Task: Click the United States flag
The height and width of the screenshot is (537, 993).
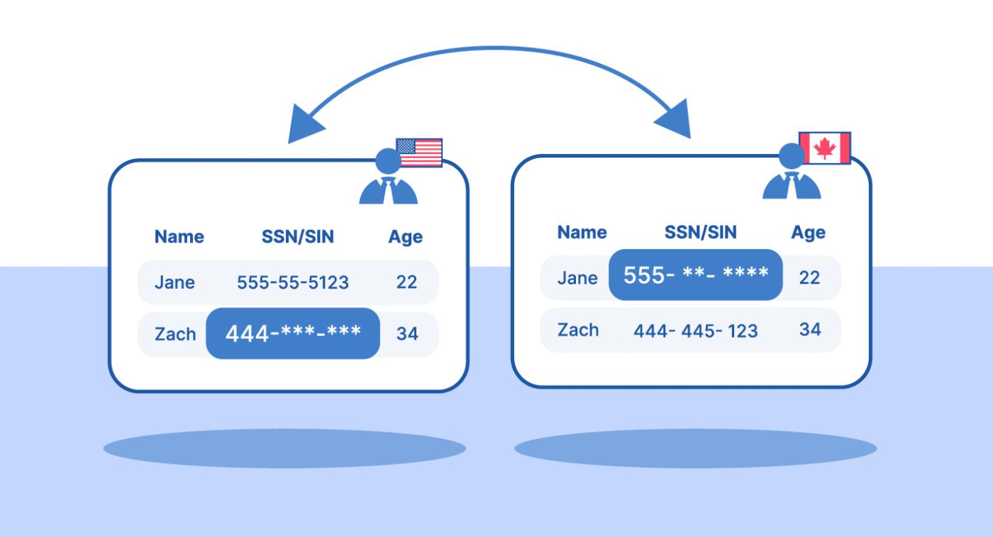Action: point(419,153)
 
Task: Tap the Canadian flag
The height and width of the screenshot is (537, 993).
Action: point(824,148)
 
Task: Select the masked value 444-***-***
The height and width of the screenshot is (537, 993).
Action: point(293,333)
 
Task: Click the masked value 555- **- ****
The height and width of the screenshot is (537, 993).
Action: point(696,275)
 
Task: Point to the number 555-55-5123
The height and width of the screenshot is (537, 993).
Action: point(292,282)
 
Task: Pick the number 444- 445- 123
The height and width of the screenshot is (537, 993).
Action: point(696,331)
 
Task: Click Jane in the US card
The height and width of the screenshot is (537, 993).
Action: point(174,282)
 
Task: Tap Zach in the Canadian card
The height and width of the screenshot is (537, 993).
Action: point(578,330)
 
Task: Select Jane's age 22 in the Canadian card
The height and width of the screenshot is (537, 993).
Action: point(809,277)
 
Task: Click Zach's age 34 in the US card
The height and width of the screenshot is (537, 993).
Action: point(407,333)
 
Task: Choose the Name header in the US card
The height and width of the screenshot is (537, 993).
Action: point(179,236)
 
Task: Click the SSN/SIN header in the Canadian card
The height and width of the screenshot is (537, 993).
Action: point(701,232)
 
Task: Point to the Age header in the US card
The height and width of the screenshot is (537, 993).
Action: point(405,237)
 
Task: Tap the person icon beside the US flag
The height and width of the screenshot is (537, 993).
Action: point(389,177)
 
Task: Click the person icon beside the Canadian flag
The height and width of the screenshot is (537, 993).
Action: point(792,172)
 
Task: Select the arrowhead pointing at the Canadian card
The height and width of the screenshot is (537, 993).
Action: point(675,119)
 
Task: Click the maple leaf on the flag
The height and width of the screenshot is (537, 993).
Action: point(824,148)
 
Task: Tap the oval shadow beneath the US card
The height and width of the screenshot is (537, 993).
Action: point(284,448)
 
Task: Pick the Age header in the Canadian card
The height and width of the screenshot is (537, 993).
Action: point(808,233)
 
